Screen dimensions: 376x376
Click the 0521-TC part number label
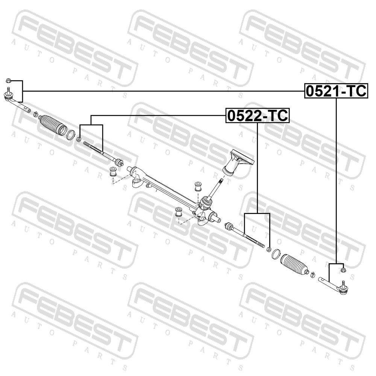coord(336,91)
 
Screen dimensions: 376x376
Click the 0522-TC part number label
coord(258,115)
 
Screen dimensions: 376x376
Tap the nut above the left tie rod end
coord(8,80)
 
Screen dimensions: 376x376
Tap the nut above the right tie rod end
coord(343,270)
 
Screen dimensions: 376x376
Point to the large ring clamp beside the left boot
coord(71,134)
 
